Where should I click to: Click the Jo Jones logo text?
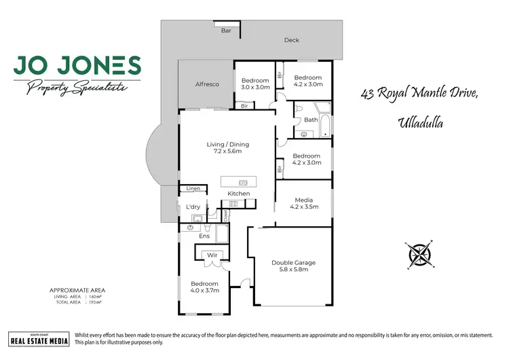pos(77,66)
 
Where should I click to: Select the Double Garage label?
pos(294,266)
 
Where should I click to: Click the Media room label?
pos(303,203)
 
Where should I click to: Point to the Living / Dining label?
pos(228,148)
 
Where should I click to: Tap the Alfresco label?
pos(207,84)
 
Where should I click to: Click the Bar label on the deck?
pos(226,31)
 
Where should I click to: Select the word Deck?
pos(291,40)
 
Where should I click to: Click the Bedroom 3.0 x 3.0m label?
pos(255,83)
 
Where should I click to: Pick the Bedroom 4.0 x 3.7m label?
pos(204,287)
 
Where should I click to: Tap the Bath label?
pos(311,120)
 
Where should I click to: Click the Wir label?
pos(211,255)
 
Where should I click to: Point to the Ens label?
pos(204,236)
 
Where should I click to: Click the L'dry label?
pos(191,206)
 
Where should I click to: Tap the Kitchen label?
pos(238,194)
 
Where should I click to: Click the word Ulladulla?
pos(420,122)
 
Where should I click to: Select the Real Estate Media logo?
pos(39,338)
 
